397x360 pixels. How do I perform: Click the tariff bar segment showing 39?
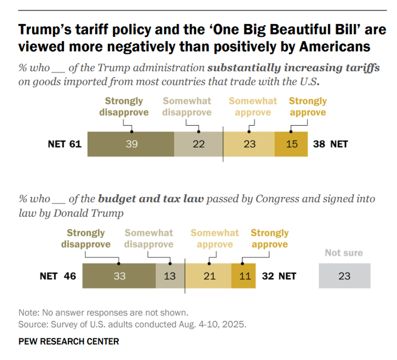pyautogui.click(x=131, y=144)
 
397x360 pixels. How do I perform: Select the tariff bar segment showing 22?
pyautogui.click(x=198, y=144)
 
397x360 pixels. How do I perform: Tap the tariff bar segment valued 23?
pyautogui.click(x=249, y=144)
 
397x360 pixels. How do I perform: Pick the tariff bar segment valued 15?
pyautogui.click(x=292, y=144)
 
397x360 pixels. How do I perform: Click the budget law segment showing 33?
pyautogui.click(x=119, y=276)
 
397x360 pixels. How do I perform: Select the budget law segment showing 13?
pyautogui.click(x=170, y=276)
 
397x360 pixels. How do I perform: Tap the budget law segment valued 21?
pyautogui.click(x=208, y=276)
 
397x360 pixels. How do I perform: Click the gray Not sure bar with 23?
pyautogui.click(x=344, y=276)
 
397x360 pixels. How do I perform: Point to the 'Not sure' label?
pyautogui.click(x=344, y=253)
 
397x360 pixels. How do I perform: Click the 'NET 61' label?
pyautogui.click(x=64, y=144)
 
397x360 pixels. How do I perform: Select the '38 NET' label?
pyautogui.click(x=330, y=144)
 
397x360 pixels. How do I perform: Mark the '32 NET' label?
pyautogui.click(x=278, y=276)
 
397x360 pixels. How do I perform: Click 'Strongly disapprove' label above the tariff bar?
pyautogui.click(x=124, y=106)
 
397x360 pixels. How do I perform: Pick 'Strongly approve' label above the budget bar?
pyautogui.click(x=270, y=238)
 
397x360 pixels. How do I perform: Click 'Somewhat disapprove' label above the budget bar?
pyautogui.click(x=149, y=238)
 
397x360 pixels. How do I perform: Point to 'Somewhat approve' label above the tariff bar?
pyautogui.click(x=253, y=106)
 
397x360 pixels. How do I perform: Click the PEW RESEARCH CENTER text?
pyautogui.click(x=69, y=341)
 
